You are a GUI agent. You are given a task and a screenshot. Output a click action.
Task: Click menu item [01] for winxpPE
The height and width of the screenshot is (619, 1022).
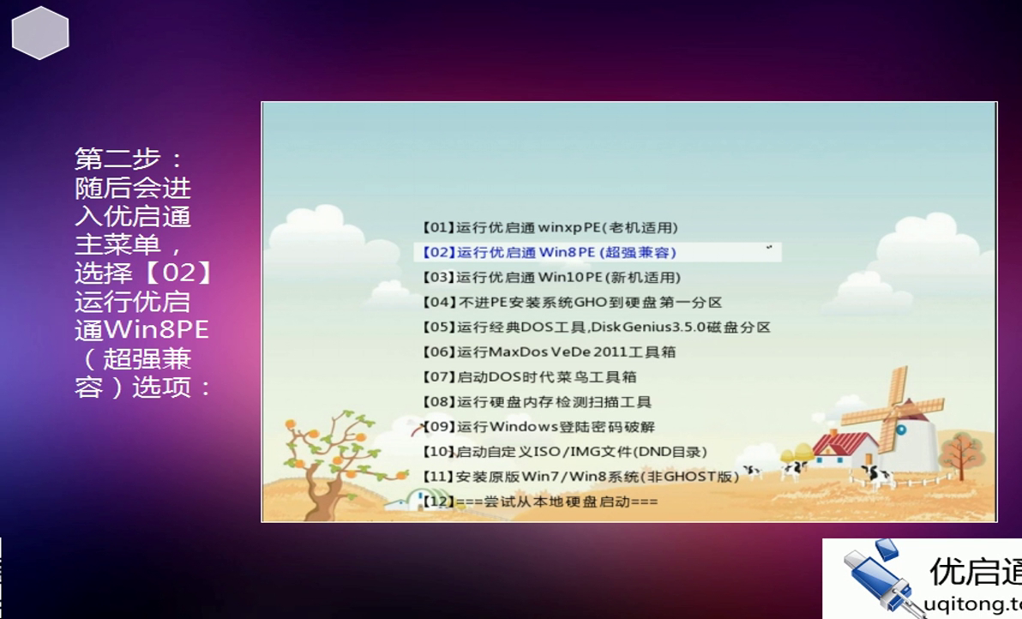click(550, 227)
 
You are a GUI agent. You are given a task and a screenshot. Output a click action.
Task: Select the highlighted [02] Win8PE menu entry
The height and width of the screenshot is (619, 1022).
click(550, 252)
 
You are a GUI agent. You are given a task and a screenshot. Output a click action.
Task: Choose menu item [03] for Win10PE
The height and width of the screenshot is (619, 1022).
click(551, 277)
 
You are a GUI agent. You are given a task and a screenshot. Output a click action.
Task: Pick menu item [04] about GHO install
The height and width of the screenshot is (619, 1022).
click(572, 302)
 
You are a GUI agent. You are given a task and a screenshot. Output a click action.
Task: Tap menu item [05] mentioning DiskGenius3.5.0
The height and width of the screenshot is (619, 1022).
click(596, 327)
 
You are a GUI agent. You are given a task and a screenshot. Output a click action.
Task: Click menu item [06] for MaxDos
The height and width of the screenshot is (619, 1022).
click(549, 352)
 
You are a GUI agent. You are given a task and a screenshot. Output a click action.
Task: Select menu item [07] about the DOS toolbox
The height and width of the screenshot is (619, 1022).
click(529, 376)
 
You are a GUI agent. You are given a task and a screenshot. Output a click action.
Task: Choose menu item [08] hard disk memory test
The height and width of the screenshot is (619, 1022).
click(537, 401)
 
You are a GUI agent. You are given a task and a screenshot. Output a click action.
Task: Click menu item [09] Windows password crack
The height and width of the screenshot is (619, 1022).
click(538, 426)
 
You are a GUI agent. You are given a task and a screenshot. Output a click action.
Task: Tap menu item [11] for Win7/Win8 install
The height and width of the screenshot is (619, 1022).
click(580, 476)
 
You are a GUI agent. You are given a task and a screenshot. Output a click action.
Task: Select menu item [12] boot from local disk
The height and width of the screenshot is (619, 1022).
click(540, 501)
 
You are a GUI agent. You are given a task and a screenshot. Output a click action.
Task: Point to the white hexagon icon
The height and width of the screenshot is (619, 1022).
click(40, 33)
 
